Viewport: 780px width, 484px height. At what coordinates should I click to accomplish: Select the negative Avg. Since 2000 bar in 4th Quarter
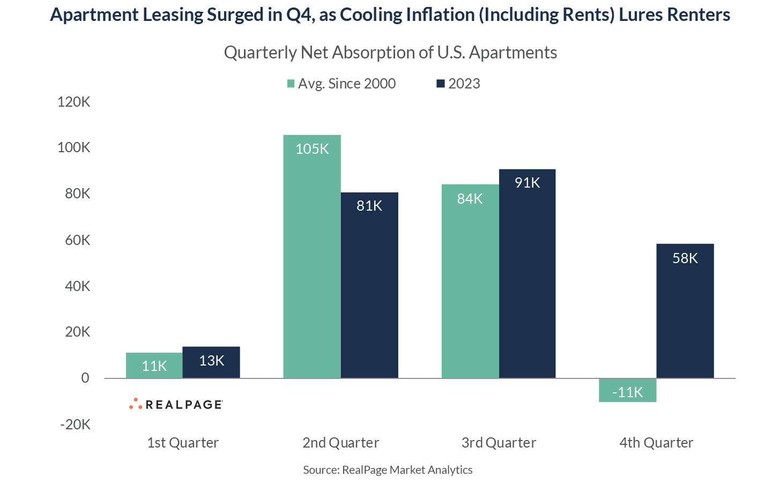pyautogui.click(x=627, y=390)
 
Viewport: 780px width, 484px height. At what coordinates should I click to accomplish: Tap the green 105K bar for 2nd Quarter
pyautogui.click(x=312, y=257)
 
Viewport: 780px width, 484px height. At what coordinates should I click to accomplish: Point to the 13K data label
pyautogui.click(x=211, y=361)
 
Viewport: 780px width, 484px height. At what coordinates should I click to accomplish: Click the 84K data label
pyautogui.click(x=470, y=199)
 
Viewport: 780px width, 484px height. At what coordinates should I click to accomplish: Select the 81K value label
pyautogui.click(x=369, y=206)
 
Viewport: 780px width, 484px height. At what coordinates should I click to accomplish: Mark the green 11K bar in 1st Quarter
pyautogui.click(x=154, y=366)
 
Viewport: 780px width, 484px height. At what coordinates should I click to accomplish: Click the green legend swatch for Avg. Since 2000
pyautogui.click(x=291, y=84)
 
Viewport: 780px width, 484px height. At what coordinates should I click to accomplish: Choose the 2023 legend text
pyautogui.click(x=464, y=84)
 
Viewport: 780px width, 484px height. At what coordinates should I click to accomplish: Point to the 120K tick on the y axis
pyautogui.click(x=74, y=102)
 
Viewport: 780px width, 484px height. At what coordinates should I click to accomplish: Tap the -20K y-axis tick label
pyautogui.click(x=76, y=425)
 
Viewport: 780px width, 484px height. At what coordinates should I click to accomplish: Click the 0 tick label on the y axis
pyautogui.click(x=85, y=378)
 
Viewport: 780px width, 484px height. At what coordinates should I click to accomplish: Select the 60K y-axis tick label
pyautogui.click(x=77, y=240)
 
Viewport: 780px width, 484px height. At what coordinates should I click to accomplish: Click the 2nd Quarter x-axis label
pyautogui.click(x=340, y=443)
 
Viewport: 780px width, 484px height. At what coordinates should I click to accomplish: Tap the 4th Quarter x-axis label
pyautogui.click(x=656, y=443)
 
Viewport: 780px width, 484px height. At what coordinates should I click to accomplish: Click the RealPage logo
pyautogui.click(x=176, y=404)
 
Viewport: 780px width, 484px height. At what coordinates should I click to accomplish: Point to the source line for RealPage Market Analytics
pyautogui.click(x=388, y=470)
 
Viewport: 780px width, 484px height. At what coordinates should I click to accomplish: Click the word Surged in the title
pyautogui.click(x=235, y=14)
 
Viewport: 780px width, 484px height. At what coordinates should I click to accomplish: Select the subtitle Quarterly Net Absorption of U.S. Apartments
pyautogui.click(x=390, y=53)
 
